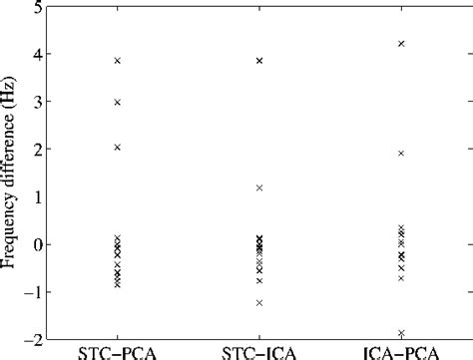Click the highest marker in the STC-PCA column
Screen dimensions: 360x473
pyautogui.click(x=118, y=61)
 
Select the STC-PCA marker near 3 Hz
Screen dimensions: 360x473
pyautogui.click(x=118, y=102)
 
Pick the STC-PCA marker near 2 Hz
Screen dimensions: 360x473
pyautogui.click(x=118, y=147)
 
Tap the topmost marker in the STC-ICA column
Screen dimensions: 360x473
pyautogui.click(x=259, y=61)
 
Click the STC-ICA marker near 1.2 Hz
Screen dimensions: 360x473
pyautogui.click(x=259, y=187)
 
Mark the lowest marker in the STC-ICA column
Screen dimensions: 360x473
pyautogui.click(x=259, y=302)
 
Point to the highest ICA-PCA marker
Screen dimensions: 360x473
pyautogui.click(x=401, y=44)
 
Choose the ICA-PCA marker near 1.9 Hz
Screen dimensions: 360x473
pyautogui.click(x=401, y=154)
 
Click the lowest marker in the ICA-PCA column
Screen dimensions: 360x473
pyautogui.click(x=401, y=333)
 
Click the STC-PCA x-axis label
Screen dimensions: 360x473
pyautogui.click(x=118, y=352)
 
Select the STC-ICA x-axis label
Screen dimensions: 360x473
pyautogui.click(x=259, y=352)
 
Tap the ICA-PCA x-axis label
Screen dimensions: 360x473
pyautogui.click(x=401, y=352)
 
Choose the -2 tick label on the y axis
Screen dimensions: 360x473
pyautogui.click(x=32, y=339)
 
